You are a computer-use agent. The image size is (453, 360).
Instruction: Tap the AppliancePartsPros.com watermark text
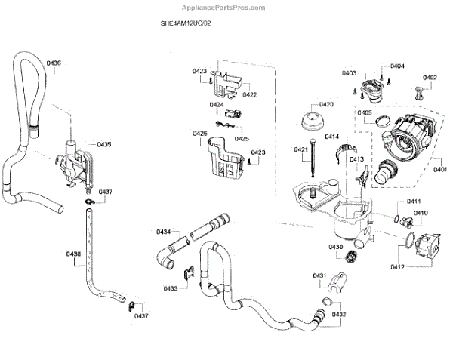coord(226,7)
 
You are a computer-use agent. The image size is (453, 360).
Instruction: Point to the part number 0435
coord(104,144)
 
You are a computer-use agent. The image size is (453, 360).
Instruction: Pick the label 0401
coord(439,170)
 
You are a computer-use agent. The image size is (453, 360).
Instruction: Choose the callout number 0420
coord(326,104)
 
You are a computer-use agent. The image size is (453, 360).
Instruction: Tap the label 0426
coord(199,134)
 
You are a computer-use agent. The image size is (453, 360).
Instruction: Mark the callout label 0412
coord(399,267)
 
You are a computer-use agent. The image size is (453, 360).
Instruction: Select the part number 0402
coord(429,78)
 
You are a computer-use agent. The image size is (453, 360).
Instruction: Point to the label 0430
coord(335,247)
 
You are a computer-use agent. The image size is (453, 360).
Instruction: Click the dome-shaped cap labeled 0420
coord(312,121)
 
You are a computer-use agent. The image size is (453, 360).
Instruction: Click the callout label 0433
coord(170,288)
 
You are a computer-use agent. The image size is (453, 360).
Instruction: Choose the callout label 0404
coord(397,66)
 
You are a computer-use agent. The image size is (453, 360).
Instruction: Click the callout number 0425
coord(242,139)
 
